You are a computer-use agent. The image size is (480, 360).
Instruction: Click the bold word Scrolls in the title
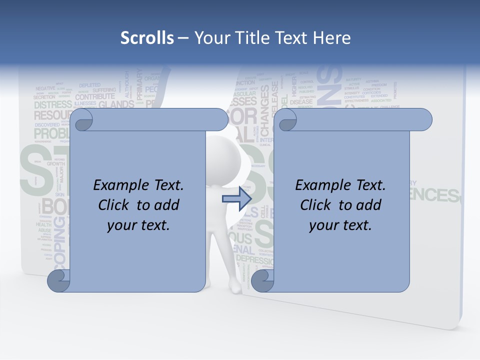click(147, 38)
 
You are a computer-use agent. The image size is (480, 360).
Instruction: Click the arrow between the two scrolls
click(237, 199)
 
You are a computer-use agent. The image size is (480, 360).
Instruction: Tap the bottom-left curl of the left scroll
click(58, 281)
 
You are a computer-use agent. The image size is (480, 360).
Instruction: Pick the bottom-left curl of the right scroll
click(262, 281)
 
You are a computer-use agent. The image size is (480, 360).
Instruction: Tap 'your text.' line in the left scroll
click(138, 225)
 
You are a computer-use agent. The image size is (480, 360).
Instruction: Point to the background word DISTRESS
click(52, 105)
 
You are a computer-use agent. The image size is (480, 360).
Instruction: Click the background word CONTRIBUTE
click(95, 96)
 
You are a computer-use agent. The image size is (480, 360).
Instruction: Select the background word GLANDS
click(116, 105)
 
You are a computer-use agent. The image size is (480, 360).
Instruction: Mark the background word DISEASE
click(301, 102)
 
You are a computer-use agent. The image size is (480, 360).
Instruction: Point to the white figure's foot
click(235, 289)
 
